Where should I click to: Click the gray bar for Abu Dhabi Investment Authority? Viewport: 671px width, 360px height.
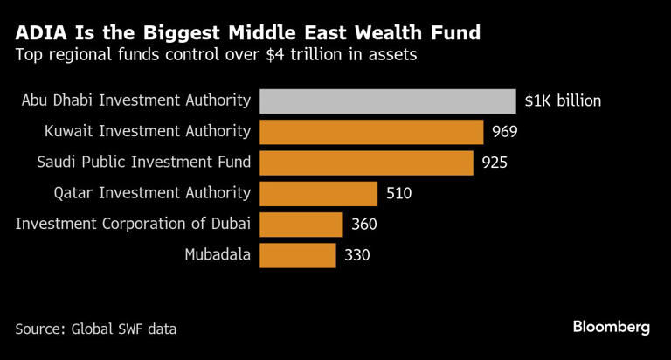click(388, 100)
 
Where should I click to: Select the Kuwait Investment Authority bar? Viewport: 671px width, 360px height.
click(372, 132)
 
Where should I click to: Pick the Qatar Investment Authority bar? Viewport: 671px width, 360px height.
click(319, 193)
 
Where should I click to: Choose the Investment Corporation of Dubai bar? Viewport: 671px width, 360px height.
click(301, 225)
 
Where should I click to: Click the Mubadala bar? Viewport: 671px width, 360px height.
click(298, 255)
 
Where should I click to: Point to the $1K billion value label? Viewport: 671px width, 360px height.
click(563, 100)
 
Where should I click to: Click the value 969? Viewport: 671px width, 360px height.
click(505, 132)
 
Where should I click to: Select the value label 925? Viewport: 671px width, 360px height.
click(494, 163)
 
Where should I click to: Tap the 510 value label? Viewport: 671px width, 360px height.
click(398, 193)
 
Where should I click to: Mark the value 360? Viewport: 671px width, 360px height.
click(363, 225)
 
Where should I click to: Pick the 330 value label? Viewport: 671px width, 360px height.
click(356, 255)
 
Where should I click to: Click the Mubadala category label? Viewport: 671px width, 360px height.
click(218, 255)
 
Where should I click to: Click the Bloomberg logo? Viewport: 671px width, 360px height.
click(612, 327)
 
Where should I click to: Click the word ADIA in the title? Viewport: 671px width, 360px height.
click(43, 34)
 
